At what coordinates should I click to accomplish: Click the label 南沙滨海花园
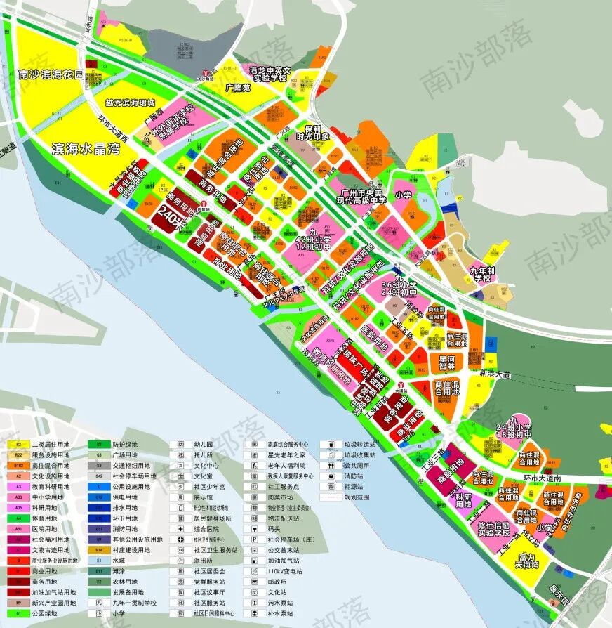coord(51,74)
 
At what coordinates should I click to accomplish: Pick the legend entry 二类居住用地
coord(51,445)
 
